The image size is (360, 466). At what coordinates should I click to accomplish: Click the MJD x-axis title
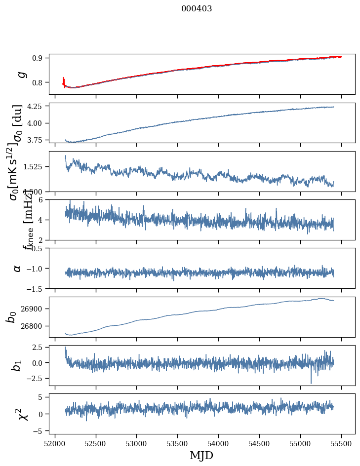click(x=201, y=455)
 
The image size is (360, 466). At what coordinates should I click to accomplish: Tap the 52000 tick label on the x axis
click(x=55, y=443)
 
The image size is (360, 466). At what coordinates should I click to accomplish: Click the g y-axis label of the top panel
click(x=21, y=75)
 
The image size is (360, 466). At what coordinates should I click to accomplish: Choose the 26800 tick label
click(x=35, y=326)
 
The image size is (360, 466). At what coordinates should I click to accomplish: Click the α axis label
click(x=18, y=268)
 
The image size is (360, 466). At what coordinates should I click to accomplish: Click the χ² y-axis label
click(x=23, y=414)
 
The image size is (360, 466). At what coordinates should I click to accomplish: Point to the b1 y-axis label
click(x=17, y=366)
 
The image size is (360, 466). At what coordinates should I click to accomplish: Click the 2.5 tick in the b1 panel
click(x=39, y=348)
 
